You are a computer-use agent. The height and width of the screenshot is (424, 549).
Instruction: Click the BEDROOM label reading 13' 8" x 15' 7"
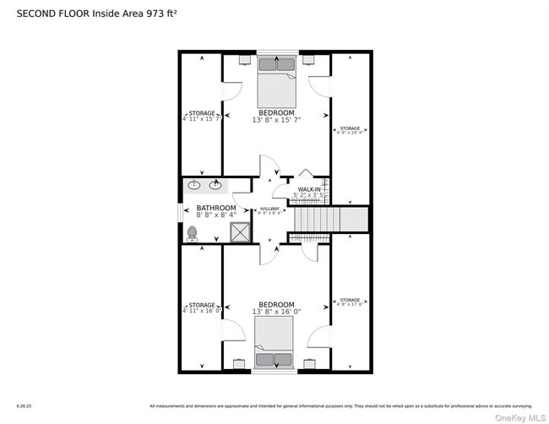276,117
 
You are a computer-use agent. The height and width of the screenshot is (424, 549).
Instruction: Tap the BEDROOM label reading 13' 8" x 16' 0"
276,308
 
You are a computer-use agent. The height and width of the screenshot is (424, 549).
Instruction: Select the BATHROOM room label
216,211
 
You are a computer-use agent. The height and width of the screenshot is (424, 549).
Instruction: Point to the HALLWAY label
269,211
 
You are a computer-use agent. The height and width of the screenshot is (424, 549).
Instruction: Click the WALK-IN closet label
309,193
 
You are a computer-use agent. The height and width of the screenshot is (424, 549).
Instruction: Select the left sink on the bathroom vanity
194,186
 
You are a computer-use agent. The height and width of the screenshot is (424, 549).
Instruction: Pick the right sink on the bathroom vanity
215,186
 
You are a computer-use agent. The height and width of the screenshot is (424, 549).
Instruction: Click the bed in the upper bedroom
276,80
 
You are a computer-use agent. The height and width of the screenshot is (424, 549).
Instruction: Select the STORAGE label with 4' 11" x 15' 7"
201,117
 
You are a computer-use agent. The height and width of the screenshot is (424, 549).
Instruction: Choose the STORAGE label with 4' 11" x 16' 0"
201,308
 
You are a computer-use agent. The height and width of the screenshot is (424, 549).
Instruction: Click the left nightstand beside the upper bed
245,60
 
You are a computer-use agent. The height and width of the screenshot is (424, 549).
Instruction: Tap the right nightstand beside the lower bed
309,364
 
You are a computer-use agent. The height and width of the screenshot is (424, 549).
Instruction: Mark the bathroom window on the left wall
179,211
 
